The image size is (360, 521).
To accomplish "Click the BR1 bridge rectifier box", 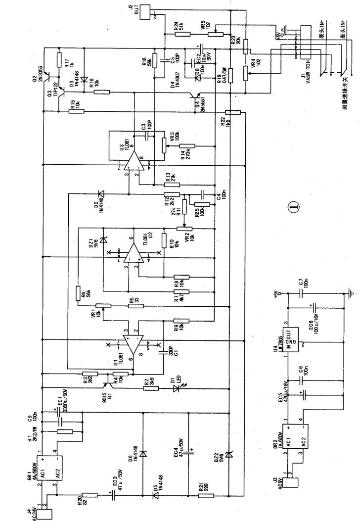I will [51, 468].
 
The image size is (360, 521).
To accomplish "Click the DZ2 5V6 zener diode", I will [228, 453].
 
